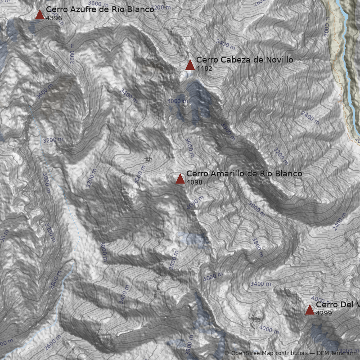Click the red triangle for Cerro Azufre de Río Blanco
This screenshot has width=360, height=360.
click(x=40, y=15)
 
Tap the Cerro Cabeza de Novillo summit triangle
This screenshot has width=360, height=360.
click(x=190, y=65)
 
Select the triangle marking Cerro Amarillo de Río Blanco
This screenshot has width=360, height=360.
click(x=180, y=179)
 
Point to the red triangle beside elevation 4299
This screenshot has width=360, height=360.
click(x=310, y=310)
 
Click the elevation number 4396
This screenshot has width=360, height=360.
click(x=54, y=18)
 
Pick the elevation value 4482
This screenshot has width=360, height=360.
click(x=204, y=68)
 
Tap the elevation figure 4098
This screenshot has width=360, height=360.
click(x=194, y=182)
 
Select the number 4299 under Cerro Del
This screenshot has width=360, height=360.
click(x=324, y=313)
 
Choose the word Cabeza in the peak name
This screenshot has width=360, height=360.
click(x=234, y=60)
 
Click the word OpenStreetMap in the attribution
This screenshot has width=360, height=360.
click(x=252, y=354)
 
